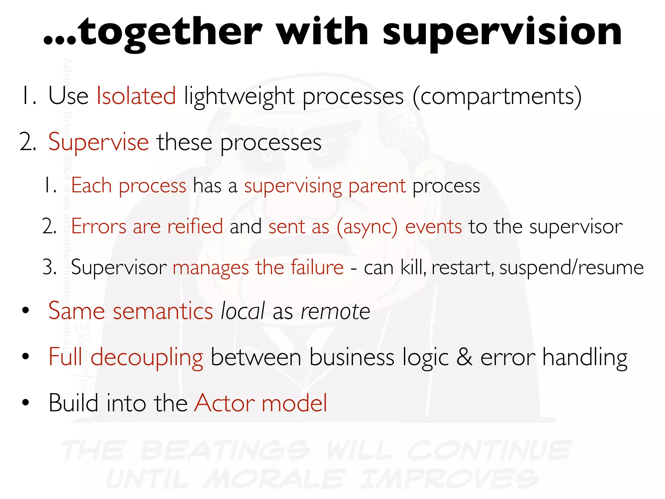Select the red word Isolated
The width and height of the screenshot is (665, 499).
tap(136, 96)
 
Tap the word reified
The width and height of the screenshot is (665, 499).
tap(195, 226)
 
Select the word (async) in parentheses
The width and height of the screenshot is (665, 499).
tap(367, 227)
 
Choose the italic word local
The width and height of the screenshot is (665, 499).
tap(243, 311)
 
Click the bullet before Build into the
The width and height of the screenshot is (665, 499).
tap(26, 403)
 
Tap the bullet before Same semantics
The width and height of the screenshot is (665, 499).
tap(26, 311)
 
